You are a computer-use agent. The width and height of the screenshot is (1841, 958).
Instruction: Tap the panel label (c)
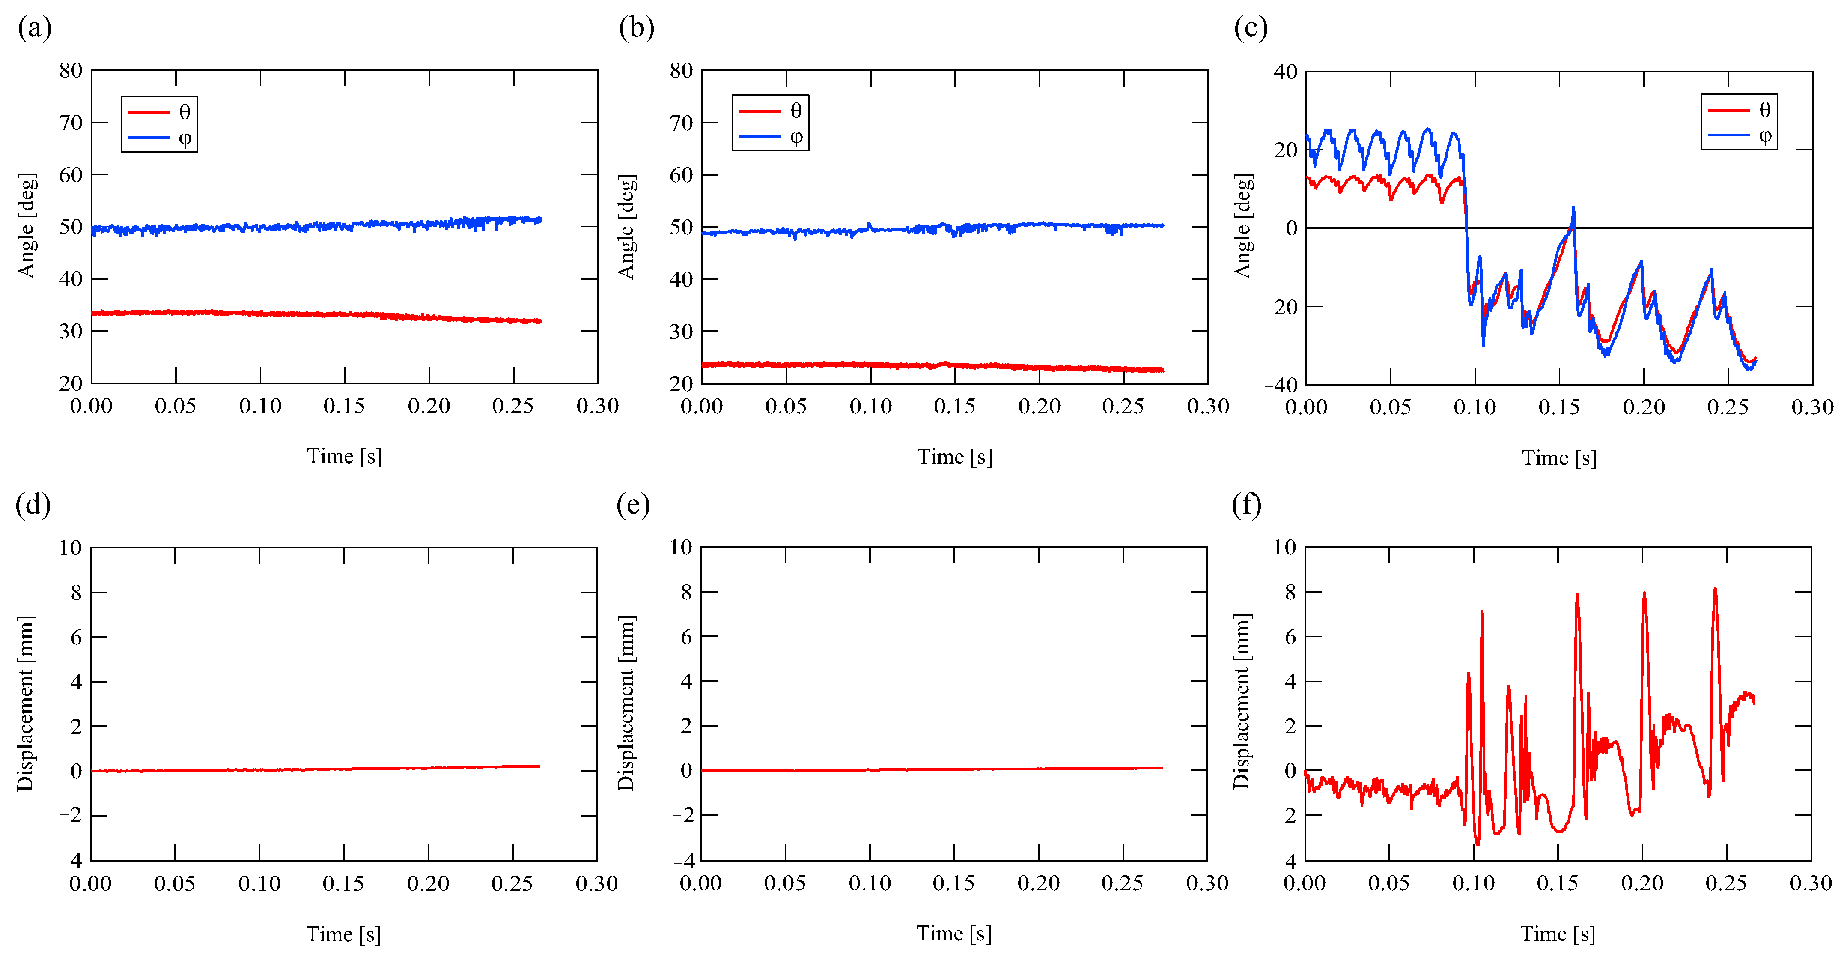pos(1251,29)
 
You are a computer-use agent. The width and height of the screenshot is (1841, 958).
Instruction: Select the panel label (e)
pos(633,506)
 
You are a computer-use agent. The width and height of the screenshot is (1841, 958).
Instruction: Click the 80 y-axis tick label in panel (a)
pos(71,71)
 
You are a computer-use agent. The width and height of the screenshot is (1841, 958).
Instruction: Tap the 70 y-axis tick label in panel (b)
pos(681,123)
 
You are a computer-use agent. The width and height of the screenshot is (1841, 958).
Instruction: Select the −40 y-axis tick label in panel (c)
pos(1281,385)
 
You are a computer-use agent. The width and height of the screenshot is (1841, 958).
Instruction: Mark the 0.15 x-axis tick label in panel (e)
pos(953,883)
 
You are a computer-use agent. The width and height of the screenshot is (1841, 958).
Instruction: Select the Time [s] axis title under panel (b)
pos(955,457)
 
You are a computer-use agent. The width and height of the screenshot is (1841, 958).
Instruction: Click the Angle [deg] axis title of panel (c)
pos(1244,226)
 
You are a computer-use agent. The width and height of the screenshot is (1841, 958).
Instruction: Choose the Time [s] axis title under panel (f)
pos(1558,934)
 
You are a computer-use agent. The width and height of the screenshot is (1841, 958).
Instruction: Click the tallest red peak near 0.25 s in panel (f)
pos(1715,590)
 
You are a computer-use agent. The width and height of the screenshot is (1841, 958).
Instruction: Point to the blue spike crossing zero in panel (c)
pos(1573,209)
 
